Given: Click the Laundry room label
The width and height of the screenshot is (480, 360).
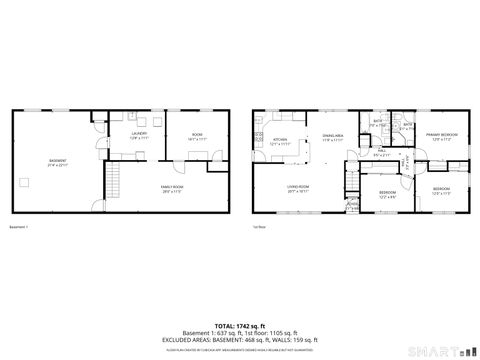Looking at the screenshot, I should pyautogui.click(x=140, y=133).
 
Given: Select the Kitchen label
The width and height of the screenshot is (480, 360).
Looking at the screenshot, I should pyautogui.click(x=281, y=139).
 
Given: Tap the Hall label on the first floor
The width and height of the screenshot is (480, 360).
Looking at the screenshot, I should pyautogui.click(x=381, y=151).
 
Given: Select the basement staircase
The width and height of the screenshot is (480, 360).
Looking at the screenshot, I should pyautogui.click(x=114, y=184).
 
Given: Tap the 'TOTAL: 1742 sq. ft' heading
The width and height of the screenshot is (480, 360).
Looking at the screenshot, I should pyautogui.click(x=240, y=326).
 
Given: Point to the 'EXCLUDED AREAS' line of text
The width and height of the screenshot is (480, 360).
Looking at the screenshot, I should pyautogui.click(x=240, y=339).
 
